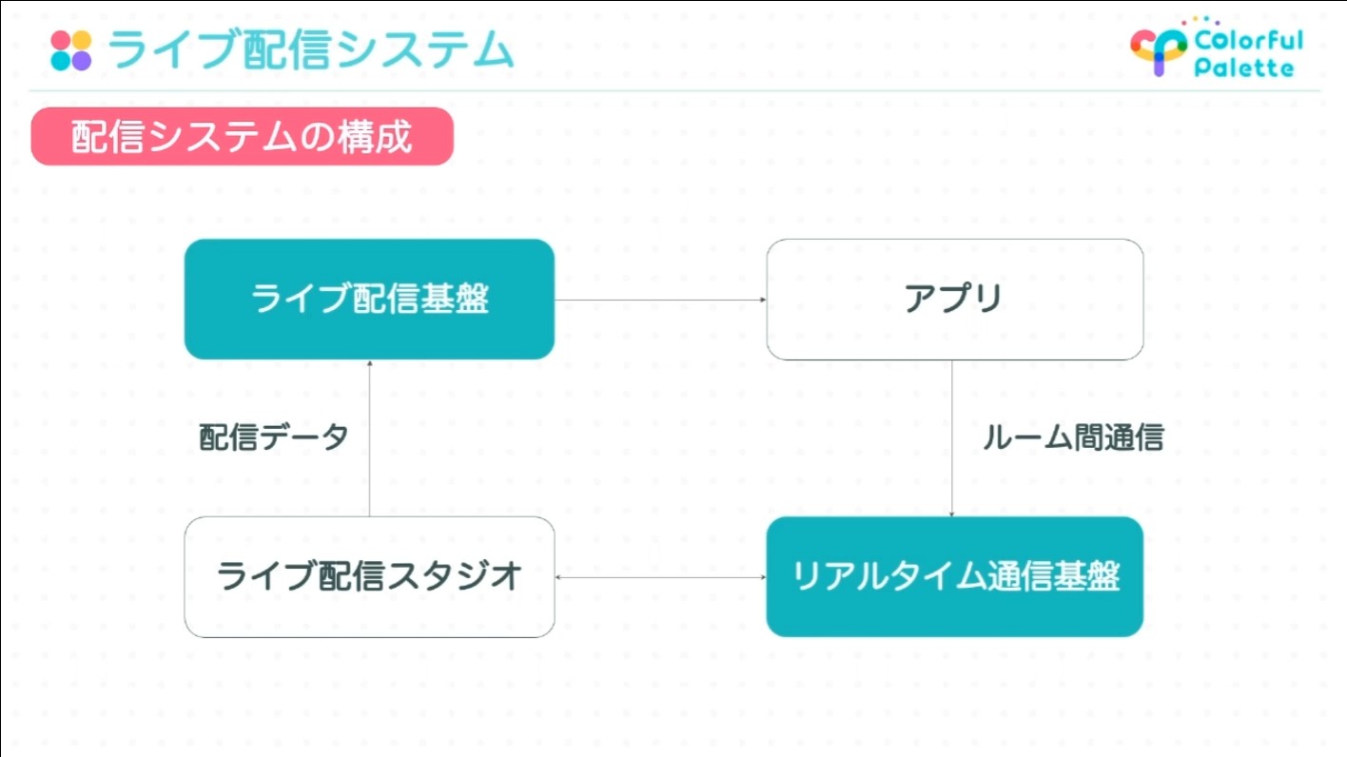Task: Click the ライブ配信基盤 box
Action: [x=369, y=300]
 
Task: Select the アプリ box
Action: [x=955, y=300]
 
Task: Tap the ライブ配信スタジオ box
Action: [x=369, y=577]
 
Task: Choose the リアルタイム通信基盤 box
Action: [x=955, y=577]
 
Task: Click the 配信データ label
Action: [x=274, y=437]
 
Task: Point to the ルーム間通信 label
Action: [x=1073, y=437]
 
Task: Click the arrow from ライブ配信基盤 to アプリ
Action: [x=660, y=300]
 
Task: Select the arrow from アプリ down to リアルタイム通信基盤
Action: [x=951, y=438]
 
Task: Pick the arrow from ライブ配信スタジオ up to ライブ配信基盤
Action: [x=369, y=438]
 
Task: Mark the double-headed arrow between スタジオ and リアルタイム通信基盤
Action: [x=660, y=577]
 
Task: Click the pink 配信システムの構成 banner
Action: [x=243, y=137]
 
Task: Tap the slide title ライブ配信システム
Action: [x=311, y=49]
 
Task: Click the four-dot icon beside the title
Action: [x=71, y=50]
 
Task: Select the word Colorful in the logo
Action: [x=1249, y=41]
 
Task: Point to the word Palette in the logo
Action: [x=1243, y=67]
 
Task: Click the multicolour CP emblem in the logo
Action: [x=1159, y=50]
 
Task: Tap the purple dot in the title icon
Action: [x=82, y=61]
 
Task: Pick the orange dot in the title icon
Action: [x=82, y=40]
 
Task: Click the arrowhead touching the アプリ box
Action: [x=763, y=300]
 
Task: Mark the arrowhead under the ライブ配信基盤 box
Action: [x=369, y=363]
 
